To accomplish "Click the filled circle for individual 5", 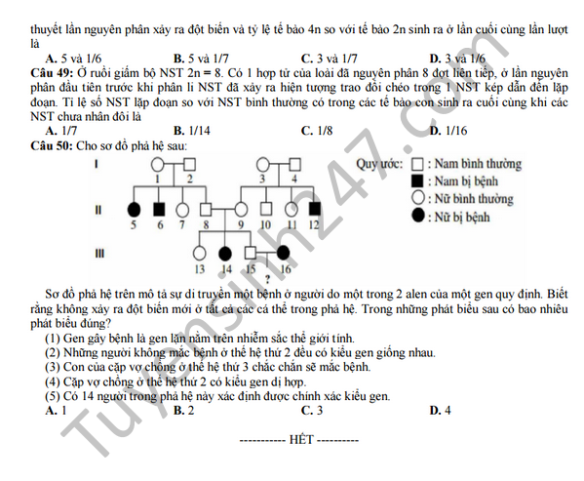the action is pyautogui.click(x=135, y=210).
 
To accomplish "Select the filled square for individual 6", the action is pyautogui.click(x=160, y=210).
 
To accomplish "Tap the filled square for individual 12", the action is pyautogui.click(x=315, y=210).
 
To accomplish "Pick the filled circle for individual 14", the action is pyautogui.click(x=225, y=254).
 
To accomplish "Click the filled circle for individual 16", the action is pyautogui.click(x=283, y=253).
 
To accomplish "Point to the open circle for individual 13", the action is pyautogui.click(x=200, y=254).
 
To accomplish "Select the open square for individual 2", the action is pyautogui.click(x=189, y=164).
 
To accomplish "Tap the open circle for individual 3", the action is pyautogui.click(x=263, y=164).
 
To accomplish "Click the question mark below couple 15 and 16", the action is pyautogui.click(x=267, y=279).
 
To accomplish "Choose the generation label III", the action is pyautogui.click(x=99, y=254).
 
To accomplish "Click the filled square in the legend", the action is pyautogui.click(x=417, y=181).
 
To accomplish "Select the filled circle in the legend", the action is pyautogui.click(x=418, y=216).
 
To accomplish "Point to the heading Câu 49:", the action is pyautogui.click(x=52, y=73).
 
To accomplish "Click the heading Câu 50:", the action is pyautogui.click(x=52, y=145).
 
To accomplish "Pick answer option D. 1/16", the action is pyautogui.click(x=448, y=131).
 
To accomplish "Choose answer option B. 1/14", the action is pyautogui.click(x=192, y=131).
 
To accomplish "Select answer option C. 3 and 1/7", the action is pyautogui.click(x=330, y=59).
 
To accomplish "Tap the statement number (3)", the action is pyautogui.click(x=53, y=367).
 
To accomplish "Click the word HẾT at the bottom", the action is pyautogui.click(x=301, y=440).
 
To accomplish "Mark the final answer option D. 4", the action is pyautogui.click(x=441, y=411).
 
